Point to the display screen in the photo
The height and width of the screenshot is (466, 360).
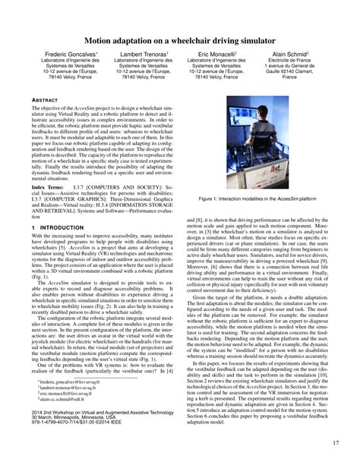pyautogui.click(x=228, y=122)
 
